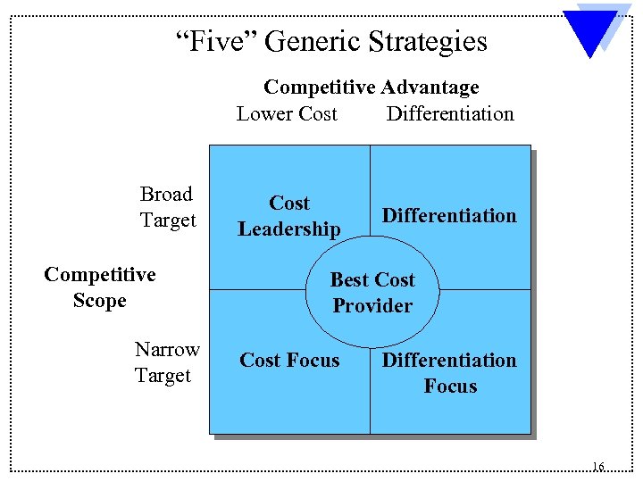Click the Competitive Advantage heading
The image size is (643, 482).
tap(371, 87)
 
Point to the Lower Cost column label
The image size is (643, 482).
tap(287, 114)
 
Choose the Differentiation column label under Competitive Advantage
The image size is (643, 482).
tap(450, 114)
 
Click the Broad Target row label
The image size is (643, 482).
tap(167, 207)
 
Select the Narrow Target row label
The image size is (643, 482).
tap(166, 362)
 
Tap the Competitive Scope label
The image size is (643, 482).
tap(100, 287)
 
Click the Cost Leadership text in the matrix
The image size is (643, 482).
tap(289, 216)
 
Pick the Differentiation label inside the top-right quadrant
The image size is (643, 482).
tap(449, 216)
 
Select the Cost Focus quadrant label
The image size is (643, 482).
tap(289, 361)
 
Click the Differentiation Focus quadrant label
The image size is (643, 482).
tap(449, 373)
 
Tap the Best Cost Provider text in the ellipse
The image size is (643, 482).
tap(372, 293)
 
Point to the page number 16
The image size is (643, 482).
tap(597, 467)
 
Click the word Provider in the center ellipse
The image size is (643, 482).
tap(372, 306)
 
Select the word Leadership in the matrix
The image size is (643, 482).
tap(289, 229)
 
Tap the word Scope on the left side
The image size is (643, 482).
tap(100, 301)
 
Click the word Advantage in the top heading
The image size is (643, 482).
tap(430, 87)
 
